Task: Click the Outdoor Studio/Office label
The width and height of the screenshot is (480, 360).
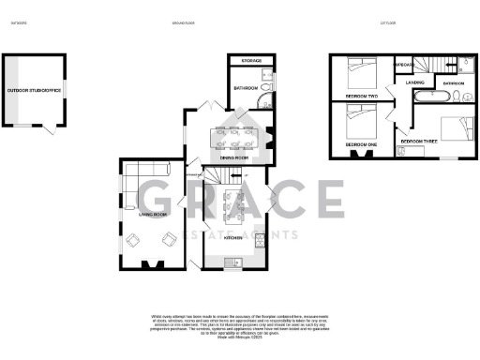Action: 35,91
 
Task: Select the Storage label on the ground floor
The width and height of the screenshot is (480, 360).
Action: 251,61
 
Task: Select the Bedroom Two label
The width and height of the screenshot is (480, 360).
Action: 361,96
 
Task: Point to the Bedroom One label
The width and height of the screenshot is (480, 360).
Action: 361,145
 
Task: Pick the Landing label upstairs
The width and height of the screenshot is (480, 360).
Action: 415,82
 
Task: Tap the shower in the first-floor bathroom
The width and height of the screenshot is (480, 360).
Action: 467,64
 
